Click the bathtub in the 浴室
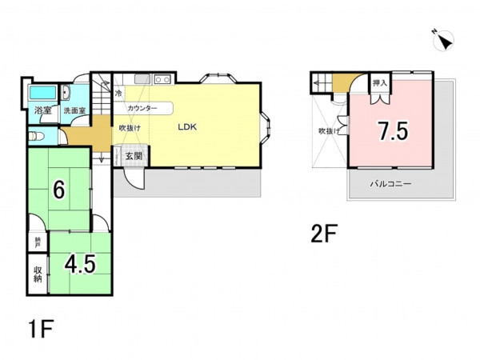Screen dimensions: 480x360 tap(42, 92)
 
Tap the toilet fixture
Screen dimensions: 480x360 tap(36, 136)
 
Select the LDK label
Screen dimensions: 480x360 tap(187, 127)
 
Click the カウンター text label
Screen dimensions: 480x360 tap(142, 108)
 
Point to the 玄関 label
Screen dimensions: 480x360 tap(134, 156)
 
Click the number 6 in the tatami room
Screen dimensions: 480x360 tap(59, 190)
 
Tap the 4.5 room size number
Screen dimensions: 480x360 tap(80, 264)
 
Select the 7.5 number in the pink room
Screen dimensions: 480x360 tap(393, 131)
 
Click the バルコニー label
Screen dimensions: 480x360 tap(390, 184)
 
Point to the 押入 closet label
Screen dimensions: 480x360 tap(380, 82)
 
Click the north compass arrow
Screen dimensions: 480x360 tap(444, 41)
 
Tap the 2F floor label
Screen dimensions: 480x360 tap(324, 234)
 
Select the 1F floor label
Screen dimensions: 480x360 tap(41, 329)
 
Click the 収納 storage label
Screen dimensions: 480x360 tap(38, 274)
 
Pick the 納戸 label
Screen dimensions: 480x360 tap(38, 242)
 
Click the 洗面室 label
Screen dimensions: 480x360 tap(74, 110)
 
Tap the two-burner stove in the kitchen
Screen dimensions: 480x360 tap(162, 79)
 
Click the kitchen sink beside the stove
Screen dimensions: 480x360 tap(142, 79)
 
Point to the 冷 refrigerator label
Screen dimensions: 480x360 tap(118, 93)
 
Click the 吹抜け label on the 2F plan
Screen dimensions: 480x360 tap(329, 131)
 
